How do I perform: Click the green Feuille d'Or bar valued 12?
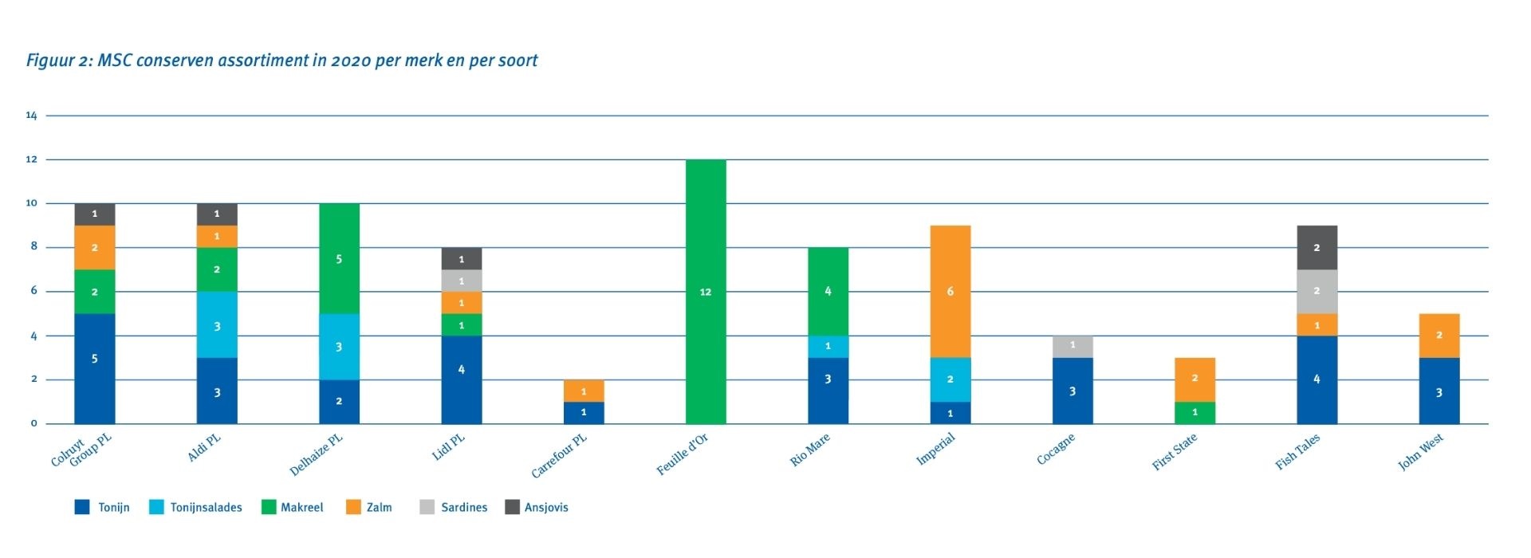click(x=706, y=292)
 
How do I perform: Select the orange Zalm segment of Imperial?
click(x=950, y=292)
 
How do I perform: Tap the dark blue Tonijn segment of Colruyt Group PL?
click(x=95, y=368)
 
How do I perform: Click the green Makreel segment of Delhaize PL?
click(x=339, y=258)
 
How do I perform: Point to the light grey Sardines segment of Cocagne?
click(x=1072, y=347)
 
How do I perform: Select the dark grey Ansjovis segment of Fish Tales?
click(x=1317, y=248)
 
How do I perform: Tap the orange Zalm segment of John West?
click(x=1439, y=336)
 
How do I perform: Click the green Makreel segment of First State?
click(x=1194, y=413)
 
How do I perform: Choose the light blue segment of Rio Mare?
click(x=828, y=347)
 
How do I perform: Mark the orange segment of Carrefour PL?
click(x=584, y=391)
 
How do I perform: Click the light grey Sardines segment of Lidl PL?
click(x=462, y=281)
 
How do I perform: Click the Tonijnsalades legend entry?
click(x=206, y=508)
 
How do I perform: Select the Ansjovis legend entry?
click(x=546, y=508)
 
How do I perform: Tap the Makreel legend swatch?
click(x=269, y=507)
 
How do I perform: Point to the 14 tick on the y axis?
click(x=32, y=116)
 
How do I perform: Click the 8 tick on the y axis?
click(x=34, y=247)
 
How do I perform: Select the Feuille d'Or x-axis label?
click(x=683, y=456)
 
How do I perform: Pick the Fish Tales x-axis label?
click(x=1297, y=452)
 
